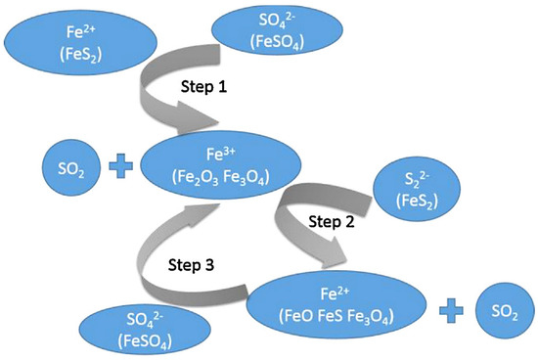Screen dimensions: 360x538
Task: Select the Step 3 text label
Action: pyautogui.click(x=176, y=263)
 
